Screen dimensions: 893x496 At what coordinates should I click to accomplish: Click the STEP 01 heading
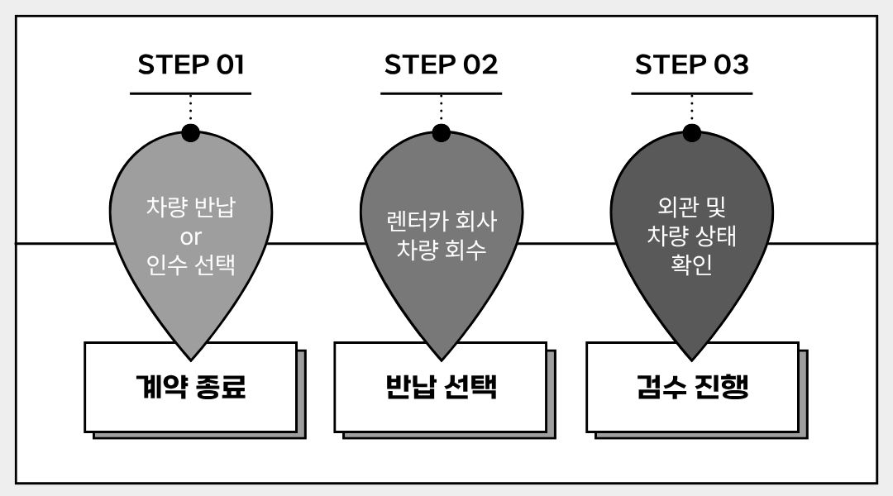click(191, 64)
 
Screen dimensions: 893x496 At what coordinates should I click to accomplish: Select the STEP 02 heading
click(441, 64)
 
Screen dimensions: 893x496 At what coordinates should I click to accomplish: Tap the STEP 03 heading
click(691, 64)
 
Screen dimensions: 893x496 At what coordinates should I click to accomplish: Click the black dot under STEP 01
click(190, 133)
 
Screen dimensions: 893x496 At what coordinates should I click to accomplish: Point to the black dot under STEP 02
click(441, 133)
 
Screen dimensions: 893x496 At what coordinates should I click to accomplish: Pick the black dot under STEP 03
click(691, 133)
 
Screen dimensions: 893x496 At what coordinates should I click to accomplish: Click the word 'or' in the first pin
click(191, 237)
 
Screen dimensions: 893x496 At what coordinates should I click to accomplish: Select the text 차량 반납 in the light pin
click(191, 206)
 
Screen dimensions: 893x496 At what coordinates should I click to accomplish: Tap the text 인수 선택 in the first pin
click(191, 265)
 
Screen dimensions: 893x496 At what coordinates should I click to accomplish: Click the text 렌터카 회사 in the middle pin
click(442, 221)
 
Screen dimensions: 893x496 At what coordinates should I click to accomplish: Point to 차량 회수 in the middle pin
click(442, 250)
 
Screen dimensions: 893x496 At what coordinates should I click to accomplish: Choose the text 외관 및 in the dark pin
click(691, 206)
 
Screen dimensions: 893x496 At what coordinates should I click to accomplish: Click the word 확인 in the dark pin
click(691, 265)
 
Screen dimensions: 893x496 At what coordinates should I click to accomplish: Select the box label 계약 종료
click(191, 387)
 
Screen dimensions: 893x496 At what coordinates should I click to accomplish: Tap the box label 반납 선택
click(442, 387)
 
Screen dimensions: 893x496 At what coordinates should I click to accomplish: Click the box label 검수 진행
click(692, 387)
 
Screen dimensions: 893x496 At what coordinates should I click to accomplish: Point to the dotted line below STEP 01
click(190, 109)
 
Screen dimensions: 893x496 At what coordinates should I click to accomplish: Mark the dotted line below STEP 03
click(691, 109)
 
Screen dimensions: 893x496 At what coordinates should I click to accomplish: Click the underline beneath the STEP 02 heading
click(441, 93)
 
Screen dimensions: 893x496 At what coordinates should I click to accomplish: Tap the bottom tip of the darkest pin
click(691, 360)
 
